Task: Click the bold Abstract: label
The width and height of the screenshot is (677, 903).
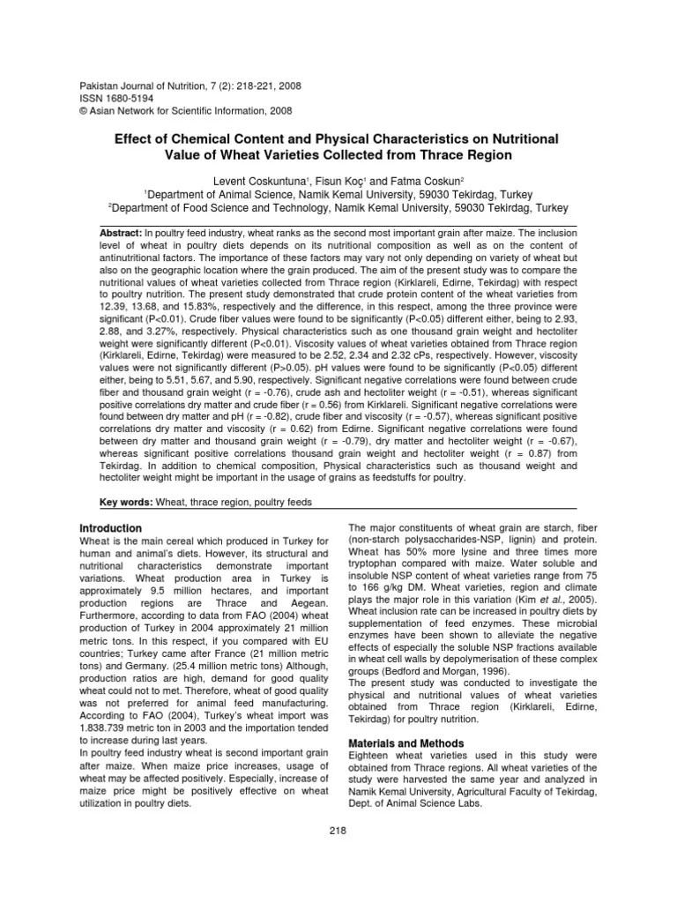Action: pos(126,229)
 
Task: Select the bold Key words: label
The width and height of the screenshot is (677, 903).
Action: pos(126,501)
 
